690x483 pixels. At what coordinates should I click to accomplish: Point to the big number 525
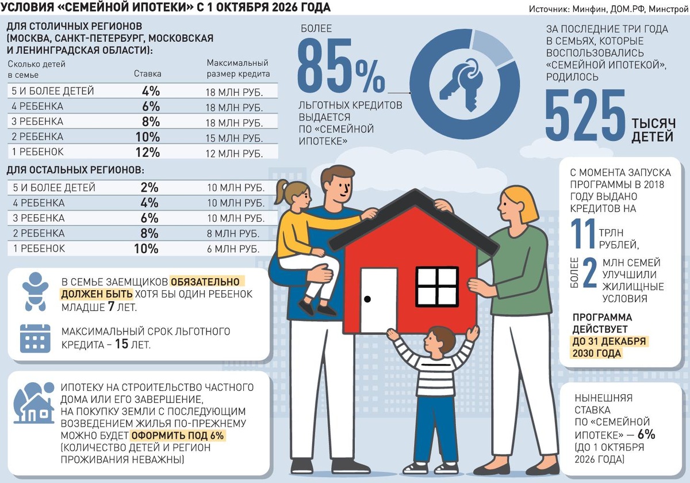pos(585,115)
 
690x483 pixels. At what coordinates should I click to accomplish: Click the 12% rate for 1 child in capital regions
pos(148,152)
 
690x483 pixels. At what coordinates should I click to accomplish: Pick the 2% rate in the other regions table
pos(149,187)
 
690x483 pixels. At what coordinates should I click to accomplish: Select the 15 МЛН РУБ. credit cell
pos(234,138)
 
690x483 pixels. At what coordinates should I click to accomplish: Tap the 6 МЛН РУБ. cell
pos(233,249)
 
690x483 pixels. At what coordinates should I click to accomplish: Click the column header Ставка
pos(148,74)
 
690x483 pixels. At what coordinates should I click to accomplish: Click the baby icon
pos(36,291)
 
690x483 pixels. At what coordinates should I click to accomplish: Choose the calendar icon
pos(35,338)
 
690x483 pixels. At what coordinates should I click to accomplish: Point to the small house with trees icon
pos(34,403)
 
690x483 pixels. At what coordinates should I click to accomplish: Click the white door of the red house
pos(378,301)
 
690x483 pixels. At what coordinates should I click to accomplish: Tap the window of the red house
pos(437,287)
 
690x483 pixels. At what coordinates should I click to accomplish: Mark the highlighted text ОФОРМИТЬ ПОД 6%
pos(178,435)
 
